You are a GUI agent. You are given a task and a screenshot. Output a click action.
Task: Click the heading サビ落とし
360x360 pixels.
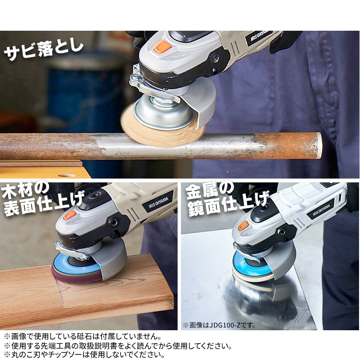pos(44,50)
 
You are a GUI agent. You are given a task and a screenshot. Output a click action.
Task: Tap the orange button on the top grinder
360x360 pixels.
pos(163,47)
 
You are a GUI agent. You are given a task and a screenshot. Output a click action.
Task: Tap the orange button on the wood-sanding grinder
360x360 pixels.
pos(70,215)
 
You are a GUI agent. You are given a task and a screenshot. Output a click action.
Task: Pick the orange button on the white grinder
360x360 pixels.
pos(243,226)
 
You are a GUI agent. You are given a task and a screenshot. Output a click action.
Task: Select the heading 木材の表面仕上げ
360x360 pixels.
pos(42,199)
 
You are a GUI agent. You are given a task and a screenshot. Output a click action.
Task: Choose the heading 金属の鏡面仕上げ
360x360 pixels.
pos(228,199)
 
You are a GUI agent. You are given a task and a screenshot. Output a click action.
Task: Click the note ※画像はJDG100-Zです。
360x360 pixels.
pos(219,325)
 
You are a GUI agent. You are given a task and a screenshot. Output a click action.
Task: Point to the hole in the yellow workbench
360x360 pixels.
pos(67,176)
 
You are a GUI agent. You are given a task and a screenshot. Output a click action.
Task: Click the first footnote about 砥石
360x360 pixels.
pos(83,336)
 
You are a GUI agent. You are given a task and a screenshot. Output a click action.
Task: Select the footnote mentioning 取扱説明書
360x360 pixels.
pos(118,346)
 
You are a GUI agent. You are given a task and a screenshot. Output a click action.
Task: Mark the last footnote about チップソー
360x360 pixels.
pos(84,355)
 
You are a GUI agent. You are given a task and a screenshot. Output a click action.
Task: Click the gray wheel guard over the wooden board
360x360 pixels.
pos(110,259)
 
